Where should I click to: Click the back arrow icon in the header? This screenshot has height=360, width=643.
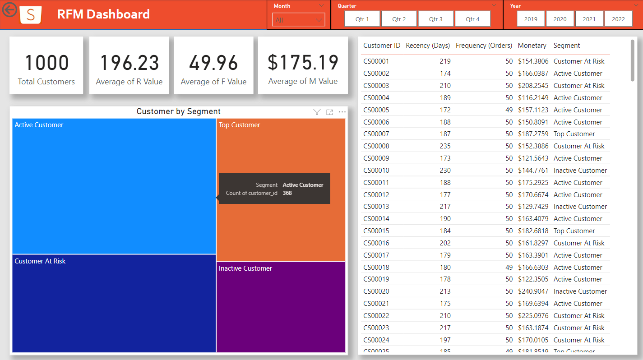pyautogui.click(x=9, y=9)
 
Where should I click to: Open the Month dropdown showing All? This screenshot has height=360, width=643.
pyautogui.click(x=298, y=20)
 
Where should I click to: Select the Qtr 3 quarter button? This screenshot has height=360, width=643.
pyautogui.click(x=436, y=19)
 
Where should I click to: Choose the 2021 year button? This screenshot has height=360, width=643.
pyautogui.click(x=589, y=19)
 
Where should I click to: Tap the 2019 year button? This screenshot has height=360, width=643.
pyautogui.click(x=531, y=19)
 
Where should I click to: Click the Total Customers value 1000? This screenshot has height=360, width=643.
pyautogui.click(x=46, y=63)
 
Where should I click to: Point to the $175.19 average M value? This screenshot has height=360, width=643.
pyautogui.click(x=303, y=63)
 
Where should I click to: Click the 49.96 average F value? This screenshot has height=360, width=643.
pyautogui.click(x=213, y=63)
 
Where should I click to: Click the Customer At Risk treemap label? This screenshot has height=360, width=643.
pyautogui.click(x=40, y=261)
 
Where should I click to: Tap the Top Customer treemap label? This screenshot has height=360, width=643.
pyautogui.click(x=240, y=125)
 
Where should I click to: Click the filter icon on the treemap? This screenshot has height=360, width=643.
pyautogui.click(x=317, y=112)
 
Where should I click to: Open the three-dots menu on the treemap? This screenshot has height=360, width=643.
pyautogui.click(x=342, y=112)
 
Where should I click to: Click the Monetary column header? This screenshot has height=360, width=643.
pyautogui.click(x=532, y=46)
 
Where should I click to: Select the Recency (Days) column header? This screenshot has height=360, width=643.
pyautogui.click(x=428, y=46)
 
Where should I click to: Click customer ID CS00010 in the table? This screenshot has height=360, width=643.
pyautogui.click(x=376, y=171)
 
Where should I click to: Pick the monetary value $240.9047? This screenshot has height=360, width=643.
pyautogui.click(x=533, y=291)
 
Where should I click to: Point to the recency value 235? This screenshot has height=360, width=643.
pyautogui.click(x=445, y=146)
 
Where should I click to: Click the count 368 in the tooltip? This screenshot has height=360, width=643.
pyautogui.click(x=287, y=193)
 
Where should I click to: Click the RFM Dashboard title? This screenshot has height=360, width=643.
pyautogui.click(x=103, y=14)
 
